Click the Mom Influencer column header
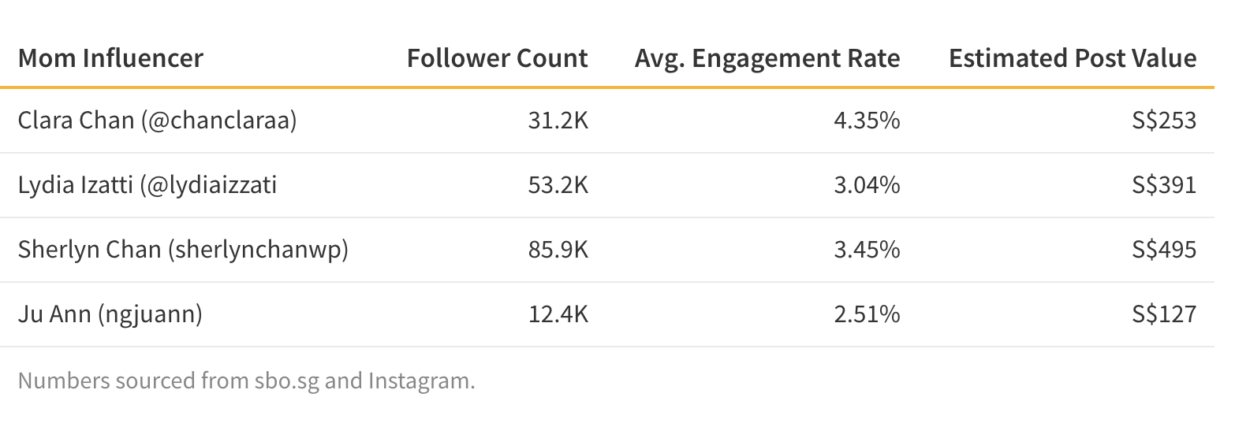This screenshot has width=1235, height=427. [110, 58]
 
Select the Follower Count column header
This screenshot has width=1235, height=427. [497, 58]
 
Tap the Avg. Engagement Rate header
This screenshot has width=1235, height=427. [767, 58]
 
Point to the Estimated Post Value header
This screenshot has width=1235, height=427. [1073, 58]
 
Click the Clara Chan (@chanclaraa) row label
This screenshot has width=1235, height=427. [157, 121]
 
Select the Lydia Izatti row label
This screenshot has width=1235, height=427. [147, 185]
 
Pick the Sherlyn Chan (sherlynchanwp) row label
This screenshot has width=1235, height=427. [183, 250]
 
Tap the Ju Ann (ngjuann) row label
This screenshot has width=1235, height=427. [110, 314]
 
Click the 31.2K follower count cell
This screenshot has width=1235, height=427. [558, 121]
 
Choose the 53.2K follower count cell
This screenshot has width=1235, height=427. [558, 185]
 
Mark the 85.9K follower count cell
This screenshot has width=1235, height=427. [558, 250]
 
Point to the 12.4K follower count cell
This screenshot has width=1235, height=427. [558, 314]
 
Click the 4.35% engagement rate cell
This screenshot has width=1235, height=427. [867, 121]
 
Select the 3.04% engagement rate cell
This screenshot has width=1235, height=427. [867, 185]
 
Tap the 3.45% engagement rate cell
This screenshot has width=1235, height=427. [867, 250]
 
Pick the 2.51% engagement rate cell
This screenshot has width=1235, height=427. [867, 314]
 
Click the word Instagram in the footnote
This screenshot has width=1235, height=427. [421, 381]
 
